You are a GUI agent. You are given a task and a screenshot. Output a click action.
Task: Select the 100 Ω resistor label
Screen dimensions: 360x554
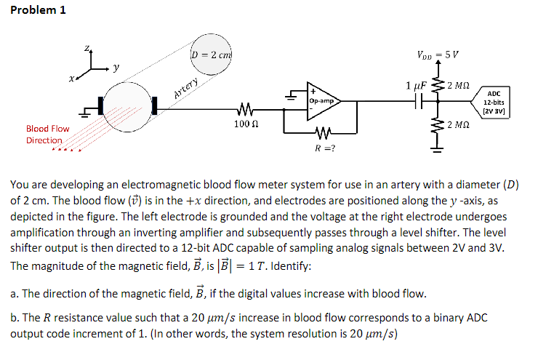tap(244, 126)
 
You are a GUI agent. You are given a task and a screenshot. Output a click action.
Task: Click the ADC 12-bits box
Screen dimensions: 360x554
tap(494, 103)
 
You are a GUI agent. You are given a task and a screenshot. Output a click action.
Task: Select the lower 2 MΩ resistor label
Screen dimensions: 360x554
tap(460, 125)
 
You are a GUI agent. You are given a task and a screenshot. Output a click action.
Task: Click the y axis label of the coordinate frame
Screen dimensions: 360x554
tap(116, 68)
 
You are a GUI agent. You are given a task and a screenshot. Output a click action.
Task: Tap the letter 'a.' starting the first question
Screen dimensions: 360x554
tap(15, 294)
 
